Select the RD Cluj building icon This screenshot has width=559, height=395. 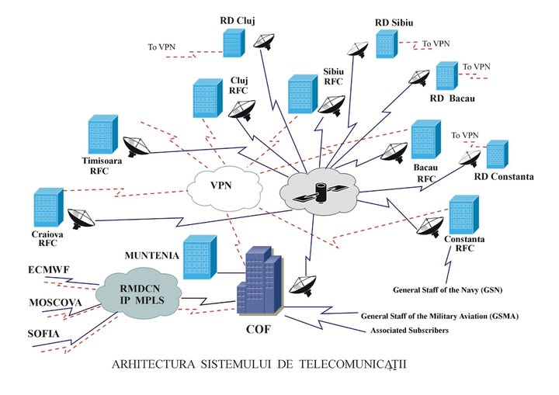tap(231, 41)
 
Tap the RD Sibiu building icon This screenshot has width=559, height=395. tap(386, 43)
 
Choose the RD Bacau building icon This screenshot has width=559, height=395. tap(445, 76)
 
